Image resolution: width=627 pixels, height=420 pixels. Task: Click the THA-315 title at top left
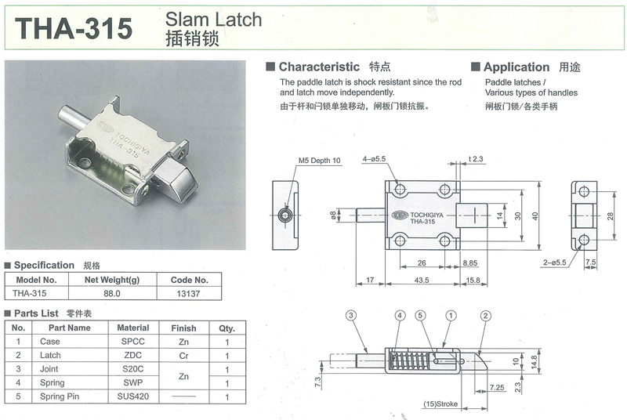point(74,28)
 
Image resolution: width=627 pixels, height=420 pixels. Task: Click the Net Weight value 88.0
point(112,293)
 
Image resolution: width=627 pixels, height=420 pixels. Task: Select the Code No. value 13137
point(188,294)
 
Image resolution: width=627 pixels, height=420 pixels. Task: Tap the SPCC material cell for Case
point(133,342)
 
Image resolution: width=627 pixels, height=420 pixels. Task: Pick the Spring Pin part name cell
point(60,396)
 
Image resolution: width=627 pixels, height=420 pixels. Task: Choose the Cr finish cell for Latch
point(183,356)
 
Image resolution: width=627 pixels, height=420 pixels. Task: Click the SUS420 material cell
point(133,396)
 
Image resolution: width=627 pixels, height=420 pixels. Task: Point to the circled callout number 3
point(350,316)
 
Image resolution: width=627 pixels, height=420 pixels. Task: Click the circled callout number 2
point(485,316)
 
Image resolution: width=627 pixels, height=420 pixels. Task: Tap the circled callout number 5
point(420,316)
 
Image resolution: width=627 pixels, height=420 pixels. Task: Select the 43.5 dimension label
point(422,280)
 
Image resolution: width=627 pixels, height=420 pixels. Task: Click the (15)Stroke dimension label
point(440,404)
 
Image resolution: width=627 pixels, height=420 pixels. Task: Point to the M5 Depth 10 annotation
point(320,161)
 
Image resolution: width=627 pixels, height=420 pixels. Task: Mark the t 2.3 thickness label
point(476,158)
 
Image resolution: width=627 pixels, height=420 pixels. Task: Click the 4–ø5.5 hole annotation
point(375,158)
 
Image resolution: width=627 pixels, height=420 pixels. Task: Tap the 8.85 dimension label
point(470,263)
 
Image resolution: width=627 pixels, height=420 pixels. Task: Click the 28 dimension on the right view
point(611,216)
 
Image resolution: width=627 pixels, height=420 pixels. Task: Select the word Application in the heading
point(516,67)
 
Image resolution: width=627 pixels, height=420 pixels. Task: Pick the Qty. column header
point(227,328)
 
